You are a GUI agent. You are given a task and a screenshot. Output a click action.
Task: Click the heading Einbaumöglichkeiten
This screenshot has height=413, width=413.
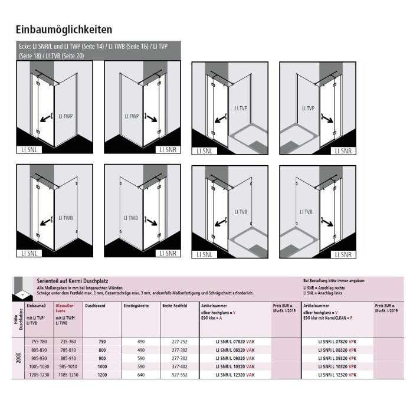click(64, 29)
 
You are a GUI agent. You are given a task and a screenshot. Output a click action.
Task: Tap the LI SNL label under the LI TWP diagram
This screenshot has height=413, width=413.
click(28, 150)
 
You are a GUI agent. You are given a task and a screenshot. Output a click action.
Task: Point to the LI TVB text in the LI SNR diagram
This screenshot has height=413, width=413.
click(307, 212)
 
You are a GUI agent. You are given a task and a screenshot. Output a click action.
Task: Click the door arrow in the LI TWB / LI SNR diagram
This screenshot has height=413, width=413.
click(151, 222)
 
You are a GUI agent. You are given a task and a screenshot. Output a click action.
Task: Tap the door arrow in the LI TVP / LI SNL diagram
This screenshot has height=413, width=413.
click(222, 119)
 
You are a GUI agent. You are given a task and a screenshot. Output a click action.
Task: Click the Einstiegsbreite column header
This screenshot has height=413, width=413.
click(136, 306)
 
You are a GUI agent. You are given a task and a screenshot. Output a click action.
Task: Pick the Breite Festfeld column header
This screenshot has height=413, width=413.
click(175, 306)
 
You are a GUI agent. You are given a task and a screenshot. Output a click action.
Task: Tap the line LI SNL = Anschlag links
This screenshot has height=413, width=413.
click(325, 293)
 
